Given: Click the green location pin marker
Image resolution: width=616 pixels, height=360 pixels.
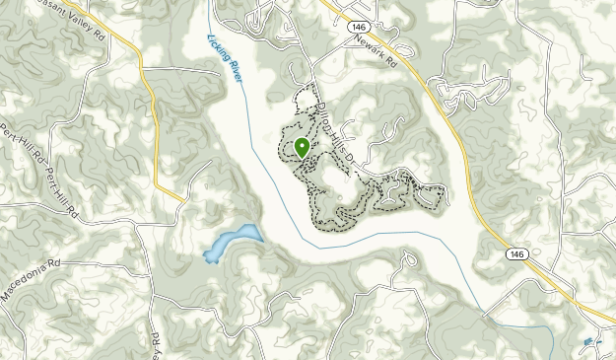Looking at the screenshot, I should coord(302,148).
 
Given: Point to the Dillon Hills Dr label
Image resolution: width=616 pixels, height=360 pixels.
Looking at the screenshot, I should coord(331,137).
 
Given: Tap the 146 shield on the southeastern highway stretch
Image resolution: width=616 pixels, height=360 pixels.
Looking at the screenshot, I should coord(516,254).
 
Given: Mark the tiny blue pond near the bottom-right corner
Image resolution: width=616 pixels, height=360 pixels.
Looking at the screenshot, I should coord(588,342).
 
